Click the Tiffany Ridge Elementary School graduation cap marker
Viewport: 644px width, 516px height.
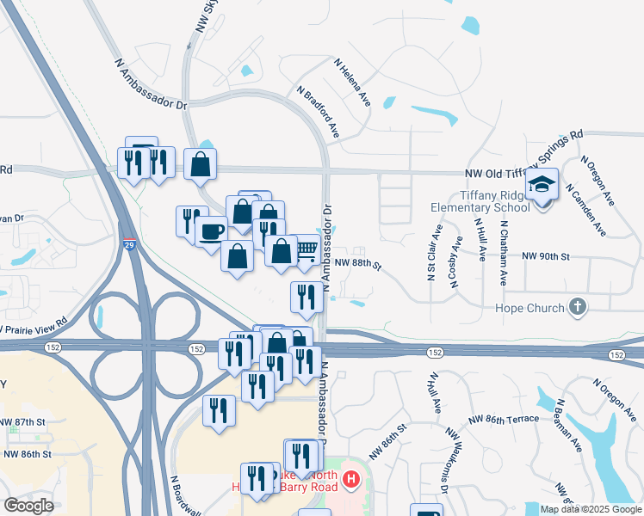pyautogui.click(x=542, y=185)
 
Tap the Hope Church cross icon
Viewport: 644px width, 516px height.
pyautogui.click(x=578, y=307)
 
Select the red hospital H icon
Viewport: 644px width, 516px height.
pyautogui.click(x=350, y=479)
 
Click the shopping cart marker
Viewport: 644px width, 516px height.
pyautogui.click(x=307, y=249)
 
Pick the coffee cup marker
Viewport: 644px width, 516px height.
pyautogui.click(x=212, y=231)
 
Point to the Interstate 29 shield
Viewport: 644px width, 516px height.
pyautogui.click(x=129, y=245)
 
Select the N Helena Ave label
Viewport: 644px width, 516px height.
pyautogui.click(x=352, y=83)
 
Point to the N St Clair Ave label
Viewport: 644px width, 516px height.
pyautogui.click(x=429, y=253)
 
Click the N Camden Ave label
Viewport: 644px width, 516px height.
pyautogui.click(x=591, y=212)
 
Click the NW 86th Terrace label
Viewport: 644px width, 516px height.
pyautogui.click(x=504, y=419)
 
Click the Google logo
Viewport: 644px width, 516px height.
pyautogui.click(x=28, y=505)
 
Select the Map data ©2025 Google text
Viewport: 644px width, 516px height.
pyautogui.click(x=590, y=509)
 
